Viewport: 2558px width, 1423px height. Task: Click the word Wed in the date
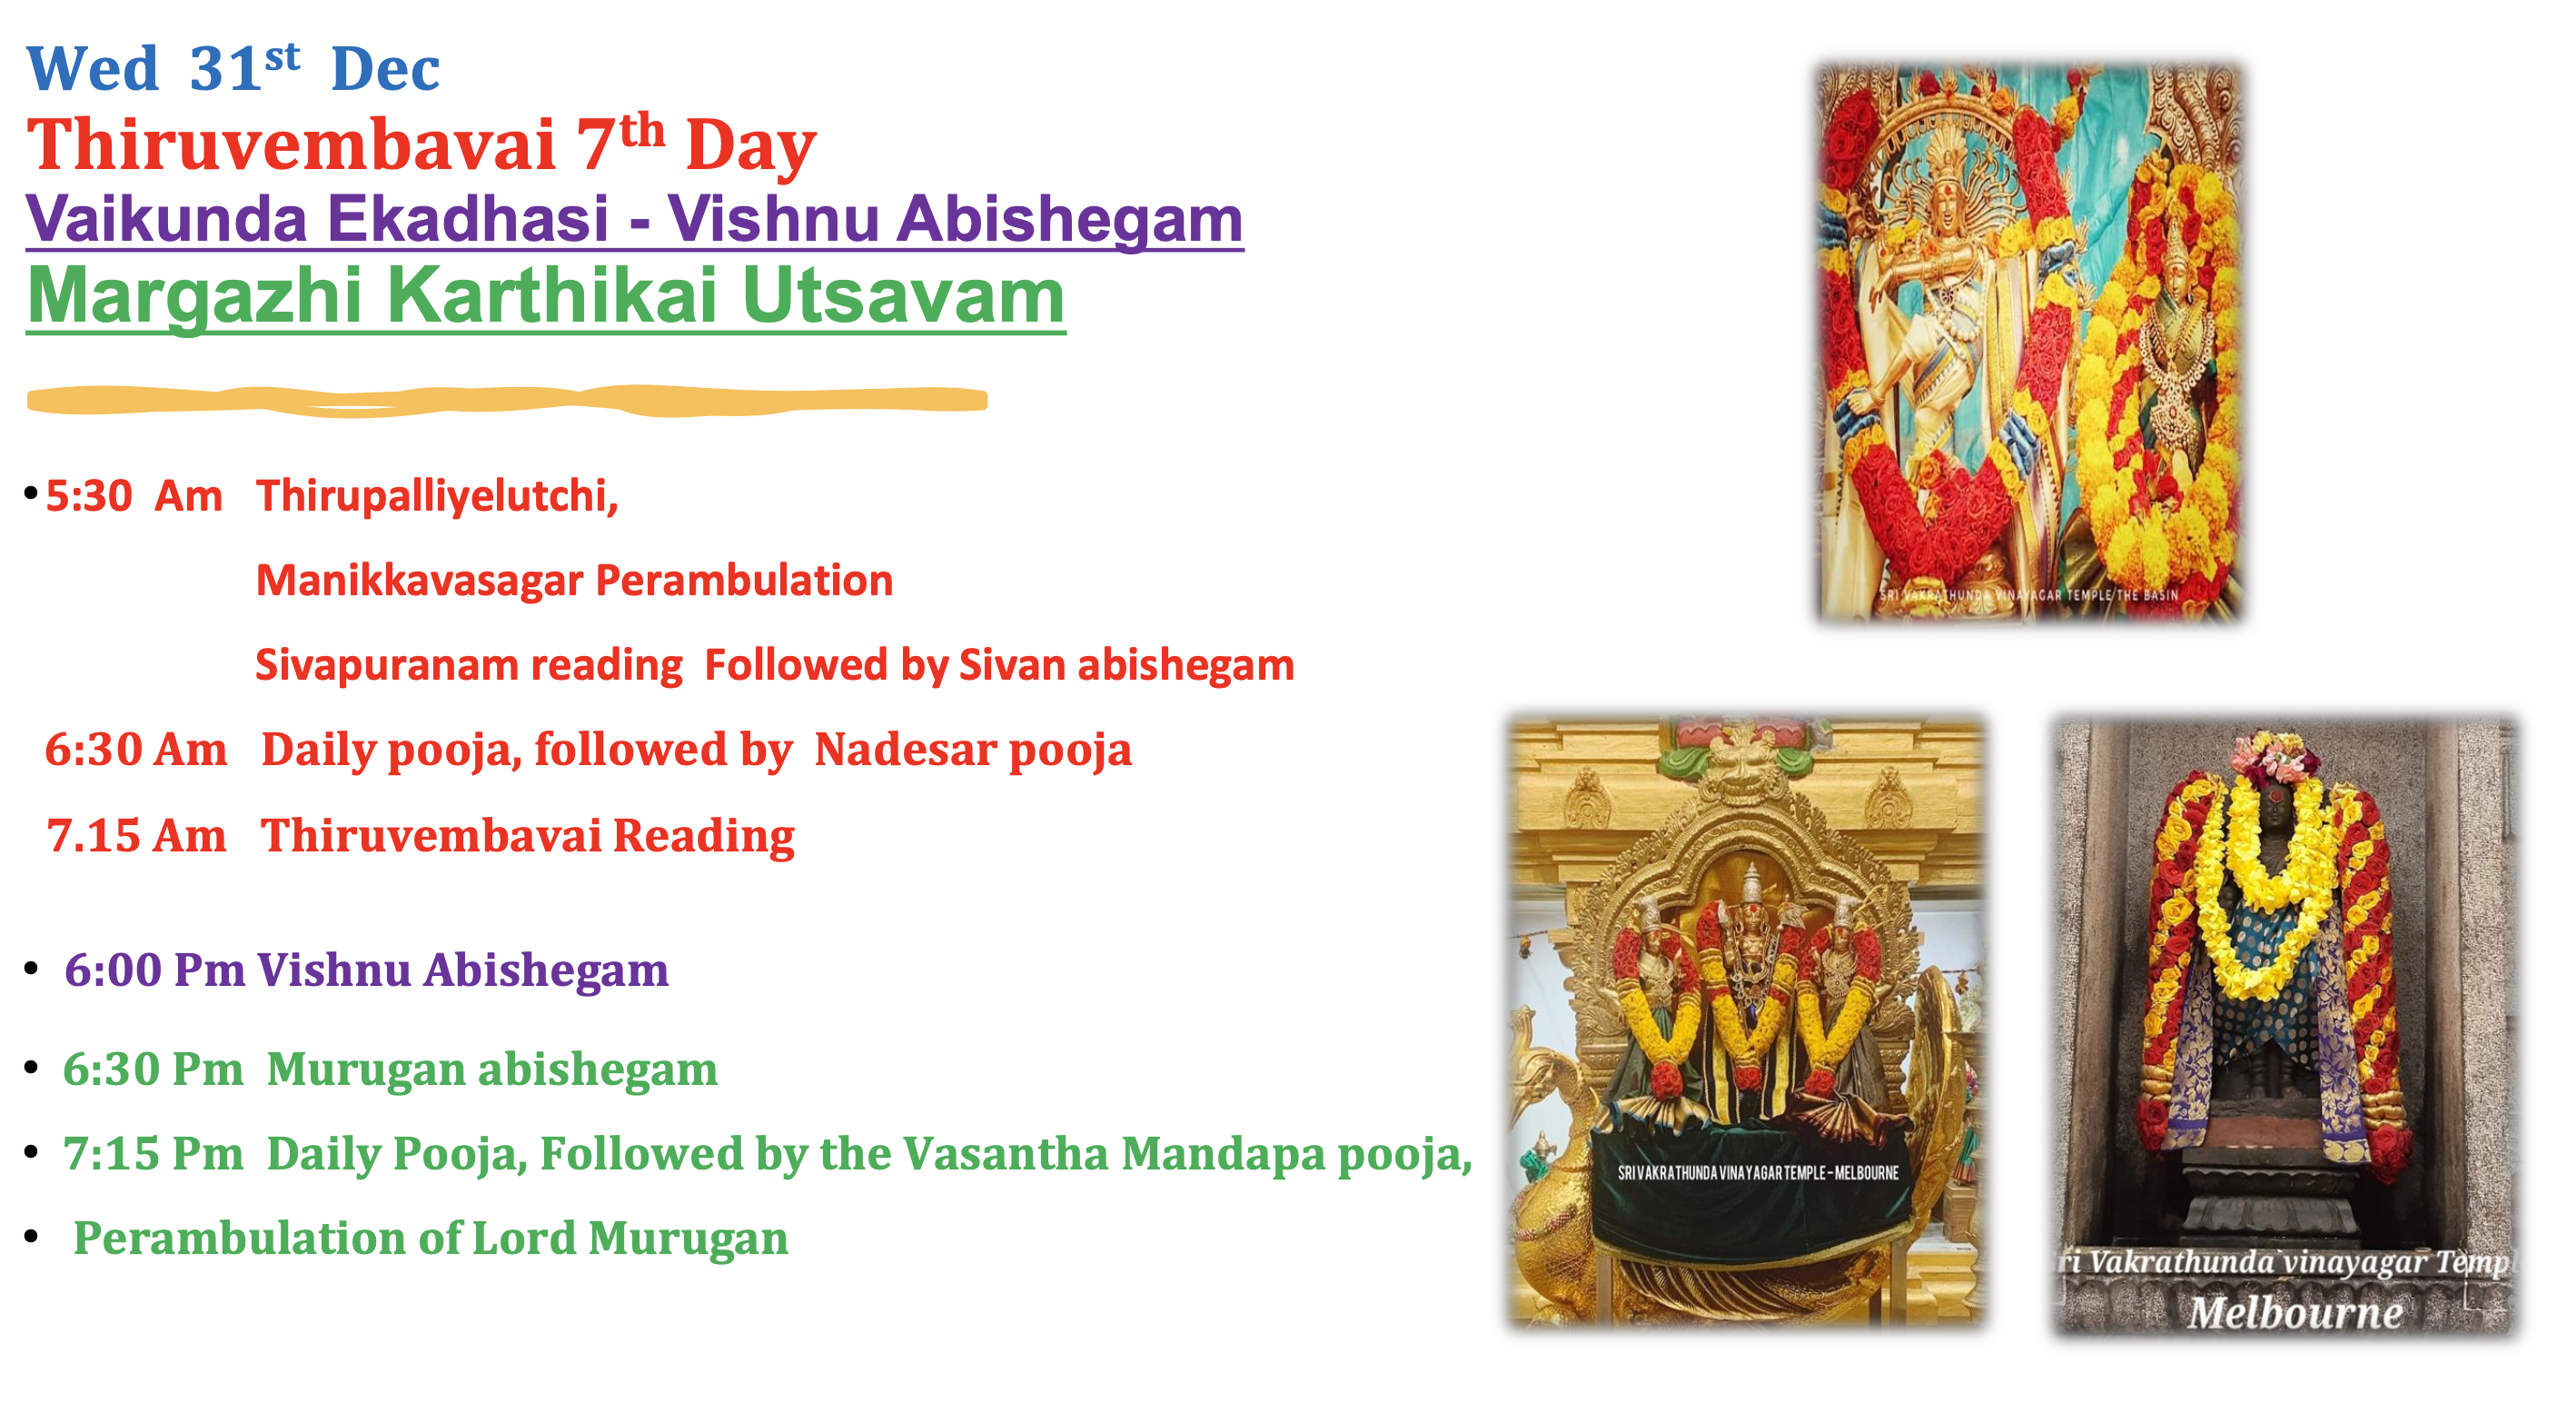pos(92,69)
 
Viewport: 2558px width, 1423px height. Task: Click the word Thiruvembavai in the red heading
pos(290,145)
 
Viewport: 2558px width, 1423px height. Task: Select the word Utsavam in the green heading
pos(903,296)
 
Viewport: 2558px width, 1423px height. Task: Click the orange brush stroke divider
pos(507,399)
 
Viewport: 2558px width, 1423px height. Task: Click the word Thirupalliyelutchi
pos(437,495)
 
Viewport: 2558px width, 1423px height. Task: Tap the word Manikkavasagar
pos(418,580)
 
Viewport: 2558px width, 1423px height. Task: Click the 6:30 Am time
pos(135,750)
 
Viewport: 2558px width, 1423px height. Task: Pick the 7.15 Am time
pos(136,835)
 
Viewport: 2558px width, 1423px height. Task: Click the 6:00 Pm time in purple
pos(154,970)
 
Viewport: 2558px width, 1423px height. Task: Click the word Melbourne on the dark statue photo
pos(2295,1313)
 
